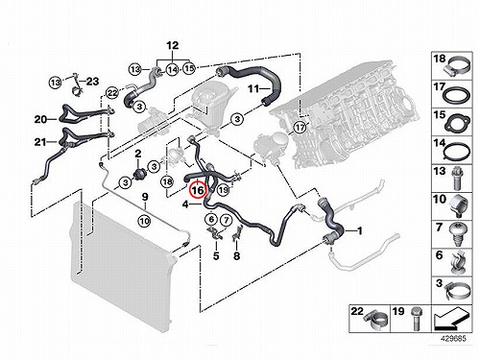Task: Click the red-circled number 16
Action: (x=198, y=190)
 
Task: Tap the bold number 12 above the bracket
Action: (x=173, y=45)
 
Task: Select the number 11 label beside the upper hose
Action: (x=253, y=88)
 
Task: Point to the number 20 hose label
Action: (x=40, y=119)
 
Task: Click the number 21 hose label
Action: (x=40, y=141)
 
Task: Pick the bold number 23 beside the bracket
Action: (x=92, y=82)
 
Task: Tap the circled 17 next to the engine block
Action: (x=300, y=128)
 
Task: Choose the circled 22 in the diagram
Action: (x=112, y=93)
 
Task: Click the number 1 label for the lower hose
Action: (x=360, y=230)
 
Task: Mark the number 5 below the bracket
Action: (x=216, y=256)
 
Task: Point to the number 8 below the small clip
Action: (x=236, y=256)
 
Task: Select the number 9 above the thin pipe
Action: (x=145, y=197)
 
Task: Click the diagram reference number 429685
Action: (x=454, y=339)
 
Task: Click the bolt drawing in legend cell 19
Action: (x=416, y=320)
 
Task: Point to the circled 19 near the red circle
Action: (x=224, y=190)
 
